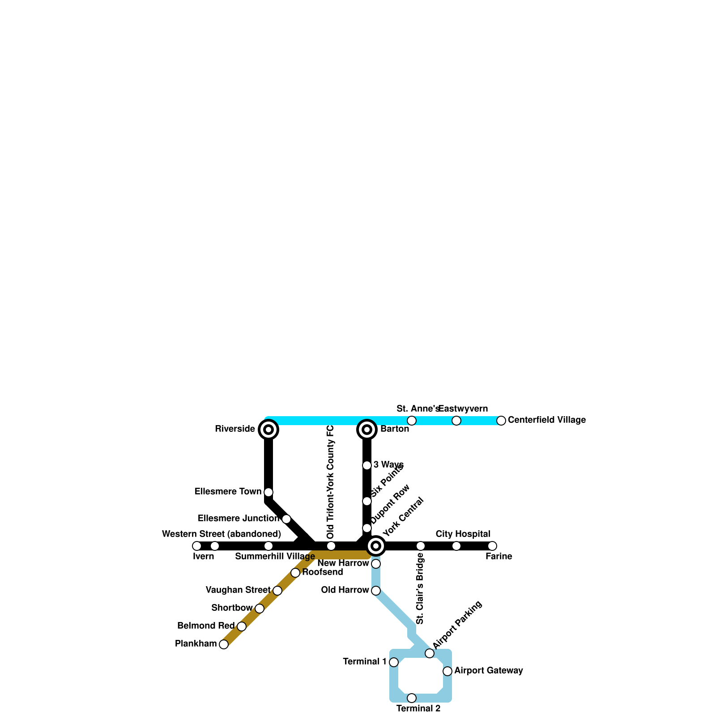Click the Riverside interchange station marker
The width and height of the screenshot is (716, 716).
click(268, 430)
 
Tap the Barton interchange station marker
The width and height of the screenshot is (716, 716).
click(367, 430)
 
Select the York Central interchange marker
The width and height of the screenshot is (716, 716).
click(376, 546)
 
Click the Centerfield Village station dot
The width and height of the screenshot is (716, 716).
click(501, 421)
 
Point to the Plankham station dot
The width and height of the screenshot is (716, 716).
click(224, 644)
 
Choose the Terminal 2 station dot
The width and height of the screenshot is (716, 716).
click(412, 698)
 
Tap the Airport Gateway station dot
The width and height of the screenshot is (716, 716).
click(447, 671)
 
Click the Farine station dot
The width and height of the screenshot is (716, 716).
click(492, 546)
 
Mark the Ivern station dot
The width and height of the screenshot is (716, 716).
click(197, 546)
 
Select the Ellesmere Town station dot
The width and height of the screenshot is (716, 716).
click(268, 492)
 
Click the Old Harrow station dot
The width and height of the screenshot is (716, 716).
click(376, 591)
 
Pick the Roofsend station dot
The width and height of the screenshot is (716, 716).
click(295, 573)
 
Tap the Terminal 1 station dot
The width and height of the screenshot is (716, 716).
click(394, 662)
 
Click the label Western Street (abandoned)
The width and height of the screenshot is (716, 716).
click(222, 534)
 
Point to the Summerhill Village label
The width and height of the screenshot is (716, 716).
click(275, 557)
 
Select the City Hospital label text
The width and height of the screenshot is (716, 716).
click(463, 534)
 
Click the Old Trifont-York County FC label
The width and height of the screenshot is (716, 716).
click(331, 482)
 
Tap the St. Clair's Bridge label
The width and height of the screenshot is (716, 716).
click(420, 588)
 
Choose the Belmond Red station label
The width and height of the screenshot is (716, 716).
click(206, 626)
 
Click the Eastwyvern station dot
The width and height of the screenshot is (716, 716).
click(456, 421)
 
